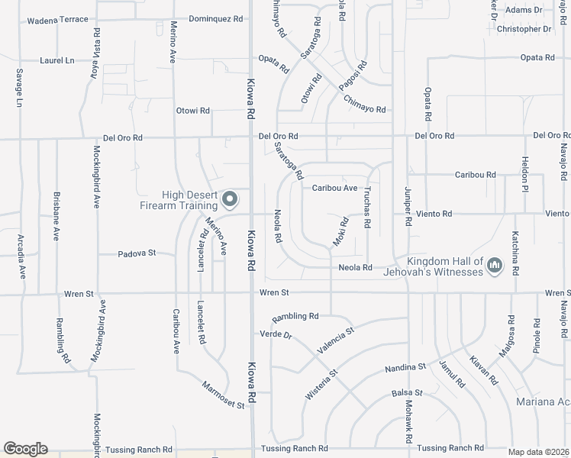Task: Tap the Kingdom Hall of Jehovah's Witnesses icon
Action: coord(495,266)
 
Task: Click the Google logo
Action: coord(24,449)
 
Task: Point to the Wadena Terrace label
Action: coord(57,21)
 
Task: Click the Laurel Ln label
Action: coord(58,60)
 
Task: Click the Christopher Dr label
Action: coord(524,29)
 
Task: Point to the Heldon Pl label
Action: coord(525,174)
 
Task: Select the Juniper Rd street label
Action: coord(408,206)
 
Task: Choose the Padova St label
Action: coord(137,253)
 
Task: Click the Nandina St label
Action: coord(405,367)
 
